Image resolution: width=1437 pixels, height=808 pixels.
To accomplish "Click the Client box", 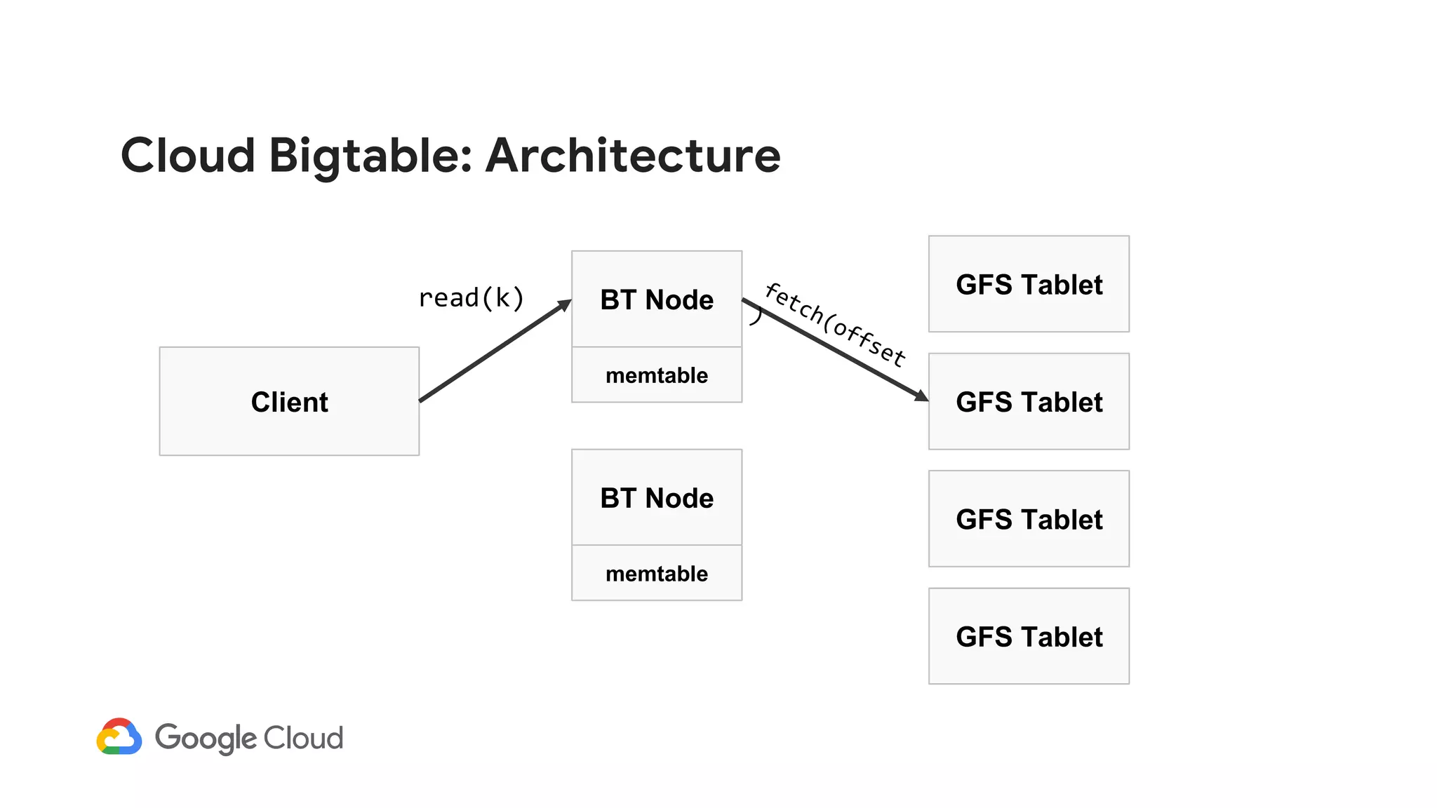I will pyautogui.click(x=289, y=401).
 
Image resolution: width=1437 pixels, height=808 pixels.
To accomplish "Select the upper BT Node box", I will pyautogui.click(x=657, y=299).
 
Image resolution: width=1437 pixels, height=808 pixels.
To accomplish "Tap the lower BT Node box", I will pyautogui.click(x=657, y=498).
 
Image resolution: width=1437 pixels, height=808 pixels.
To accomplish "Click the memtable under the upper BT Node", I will pyautogui.click(x=657, y=375).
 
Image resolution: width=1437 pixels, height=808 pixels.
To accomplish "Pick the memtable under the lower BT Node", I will pyautogui.click(x=657, y=574).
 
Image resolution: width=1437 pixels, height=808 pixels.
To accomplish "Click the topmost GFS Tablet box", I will pyautogui.click(x=1029, y=284).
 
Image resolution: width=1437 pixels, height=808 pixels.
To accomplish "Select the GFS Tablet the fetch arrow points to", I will pyautogui.click(x=1029, y=402).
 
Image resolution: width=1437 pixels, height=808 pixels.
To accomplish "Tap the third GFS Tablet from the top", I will pyautogui.click(x=1029, y=519).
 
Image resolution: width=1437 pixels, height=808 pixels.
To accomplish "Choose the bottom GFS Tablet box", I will pyautogui.click(x=1029, y=637).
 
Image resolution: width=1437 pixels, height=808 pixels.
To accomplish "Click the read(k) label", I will pyautogui.click(x=471, y=298).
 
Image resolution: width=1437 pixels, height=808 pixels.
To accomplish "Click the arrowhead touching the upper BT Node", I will pyautogui.click(x=565, y=305).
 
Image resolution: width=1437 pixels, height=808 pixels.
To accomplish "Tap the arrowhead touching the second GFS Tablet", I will pyautogui.click(x=921, y=396).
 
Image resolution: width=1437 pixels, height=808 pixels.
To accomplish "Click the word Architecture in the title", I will pyautogui.click(x=632, y=156).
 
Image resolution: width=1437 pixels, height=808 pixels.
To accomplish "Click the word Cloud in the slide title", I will pyautogui.click(x=188, y=156).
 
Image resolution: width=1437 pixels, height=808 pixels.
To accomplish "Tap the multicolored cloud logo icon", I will pyautogui.click(x=119, y=737).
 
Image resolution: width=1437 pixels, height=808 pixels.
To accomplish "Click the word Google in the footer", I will pyautogui.click(x=206, y=739).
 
